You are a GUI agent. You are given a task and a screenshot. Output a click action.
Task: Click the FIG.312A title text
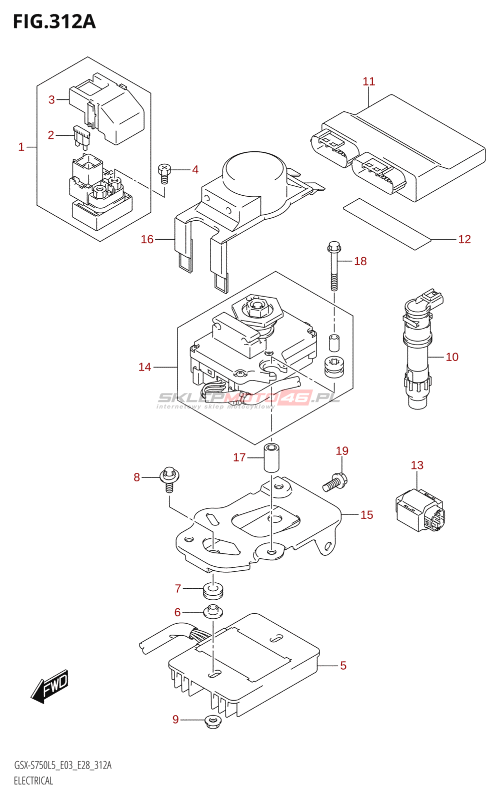(54, 21)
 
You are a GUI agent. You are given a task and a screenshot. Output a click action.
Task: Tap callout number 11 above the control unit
(368, 81)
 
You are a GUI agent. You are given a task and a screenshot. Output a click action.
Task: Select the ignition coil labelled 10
(418, 355)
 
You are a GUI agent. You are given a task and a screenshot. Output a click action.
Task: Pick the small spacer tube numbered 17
(271, 457)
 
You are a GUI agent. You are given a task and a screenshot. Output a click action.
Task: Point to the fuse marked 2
(81, 136)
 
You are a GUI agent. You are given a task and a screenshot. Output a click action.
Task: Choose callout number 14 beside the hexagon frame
(144, 367)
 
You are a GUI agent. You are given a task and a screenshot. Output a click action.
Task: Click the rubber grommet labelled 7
(213, 590)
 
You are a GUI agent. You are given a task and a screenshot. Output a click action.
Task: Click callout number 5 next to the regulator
(343, 665)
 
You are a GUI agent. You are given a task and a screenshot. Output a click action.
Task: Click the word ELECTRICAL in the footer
(33, 781)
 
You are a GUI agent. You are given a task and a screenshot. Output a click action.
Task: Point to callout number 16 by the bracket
(147, 239)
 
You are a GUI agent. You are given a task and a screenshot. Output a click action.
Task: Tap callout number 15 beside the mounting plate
(366, 515)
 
